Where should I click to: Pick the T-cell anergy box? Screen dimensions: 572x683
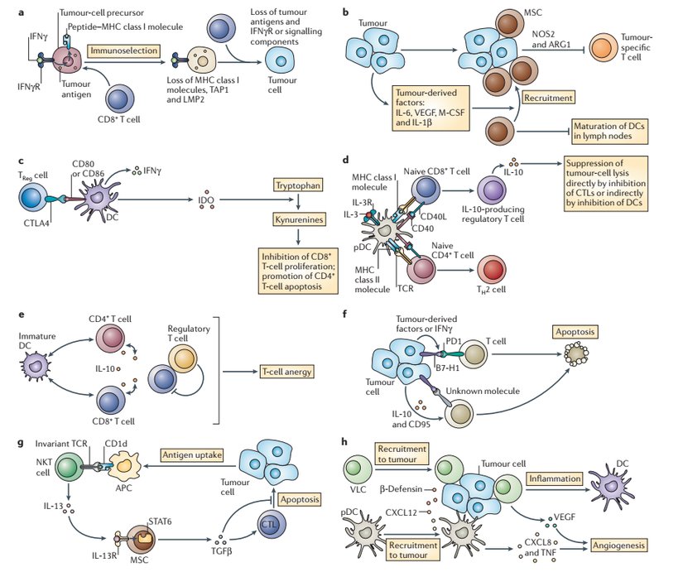pos(286,372)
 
